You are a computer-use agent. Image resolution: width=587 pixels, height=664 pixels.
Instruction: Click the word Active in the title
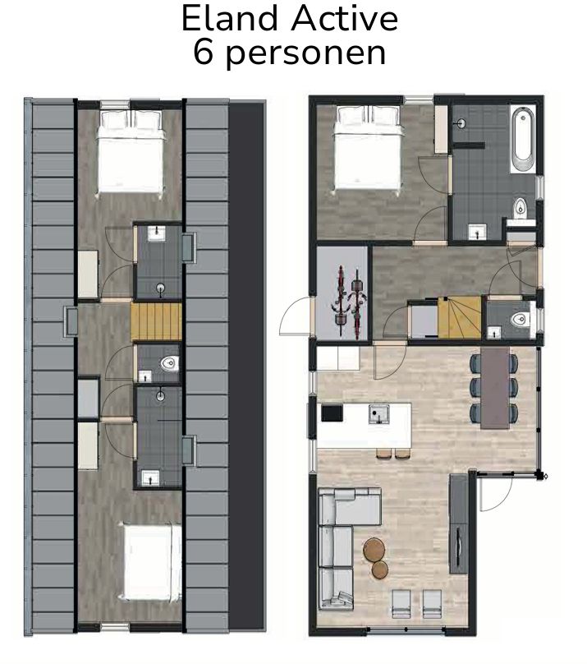pos(342,19)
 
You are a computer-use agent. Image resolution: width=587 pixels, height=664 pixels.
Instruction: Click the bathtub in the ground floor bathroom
pos(522,136)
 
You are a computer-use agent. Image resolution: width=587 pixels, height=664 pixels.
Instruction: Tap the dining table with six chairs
pos(495,387)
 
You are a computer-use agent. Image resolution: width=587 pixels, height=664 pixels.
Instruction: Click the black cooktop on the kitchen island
pos(332,413)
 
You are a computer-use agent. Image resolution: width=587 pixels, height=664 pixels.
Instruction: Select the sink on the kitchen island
pos(378,413)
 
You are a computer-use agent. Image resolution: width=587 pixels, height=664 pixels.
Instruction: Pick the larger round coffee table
pos(374,548)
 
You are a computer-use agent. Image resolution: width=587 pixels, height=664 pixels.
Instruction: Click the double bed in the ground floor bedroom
pos(367,154)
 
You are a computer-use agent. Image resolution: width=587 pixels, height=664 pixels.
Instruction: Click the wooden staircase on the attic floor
pos(156,321)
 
